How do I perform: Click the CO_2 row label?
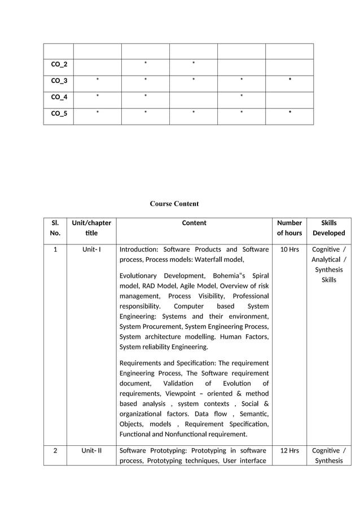pyautogui.click(x=59, y=64)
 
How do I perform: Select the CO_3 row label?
pyautogui.click(x=59, y=81)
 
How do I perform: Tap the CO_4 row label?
pyautogui.click(x=59, y=97)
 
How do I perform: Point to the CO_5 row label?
pyautogui.click(x=59, y=113)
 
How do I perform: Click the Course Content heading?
pyautogui.click(x=174, y=204)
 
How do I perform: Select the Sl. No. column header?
pyautogui.click(x=55, y=228)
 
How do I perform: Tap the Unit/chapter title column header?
pyautogui.click(x=91, y=228)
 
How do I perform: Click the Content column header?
pyautogui.click(x=194, y=223)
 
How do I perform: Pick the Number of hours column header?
pyautogui.click(x=290, y=228)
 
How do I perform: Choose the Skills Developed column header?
pyautogui.click(x=329, y=228)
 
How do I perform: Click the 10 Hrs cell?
pyautogui.click(x=289, y=249)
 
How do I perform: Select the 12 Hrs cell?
pyautogui.click(x=289, y=450)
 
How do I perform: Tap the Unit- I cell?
pyautogui.click(x=91, y=249)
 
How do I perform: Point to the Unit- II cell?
pyautogui.click(x=91, y=450)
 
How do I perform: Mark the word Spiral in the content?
pyautogui.click(x=260, y=275)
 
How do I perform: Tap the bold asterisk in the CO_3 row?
pyautogui.click(x=289, y=81)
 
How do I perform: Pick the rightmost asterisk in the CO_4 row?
pyautogui.click(x=242, y=97)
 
